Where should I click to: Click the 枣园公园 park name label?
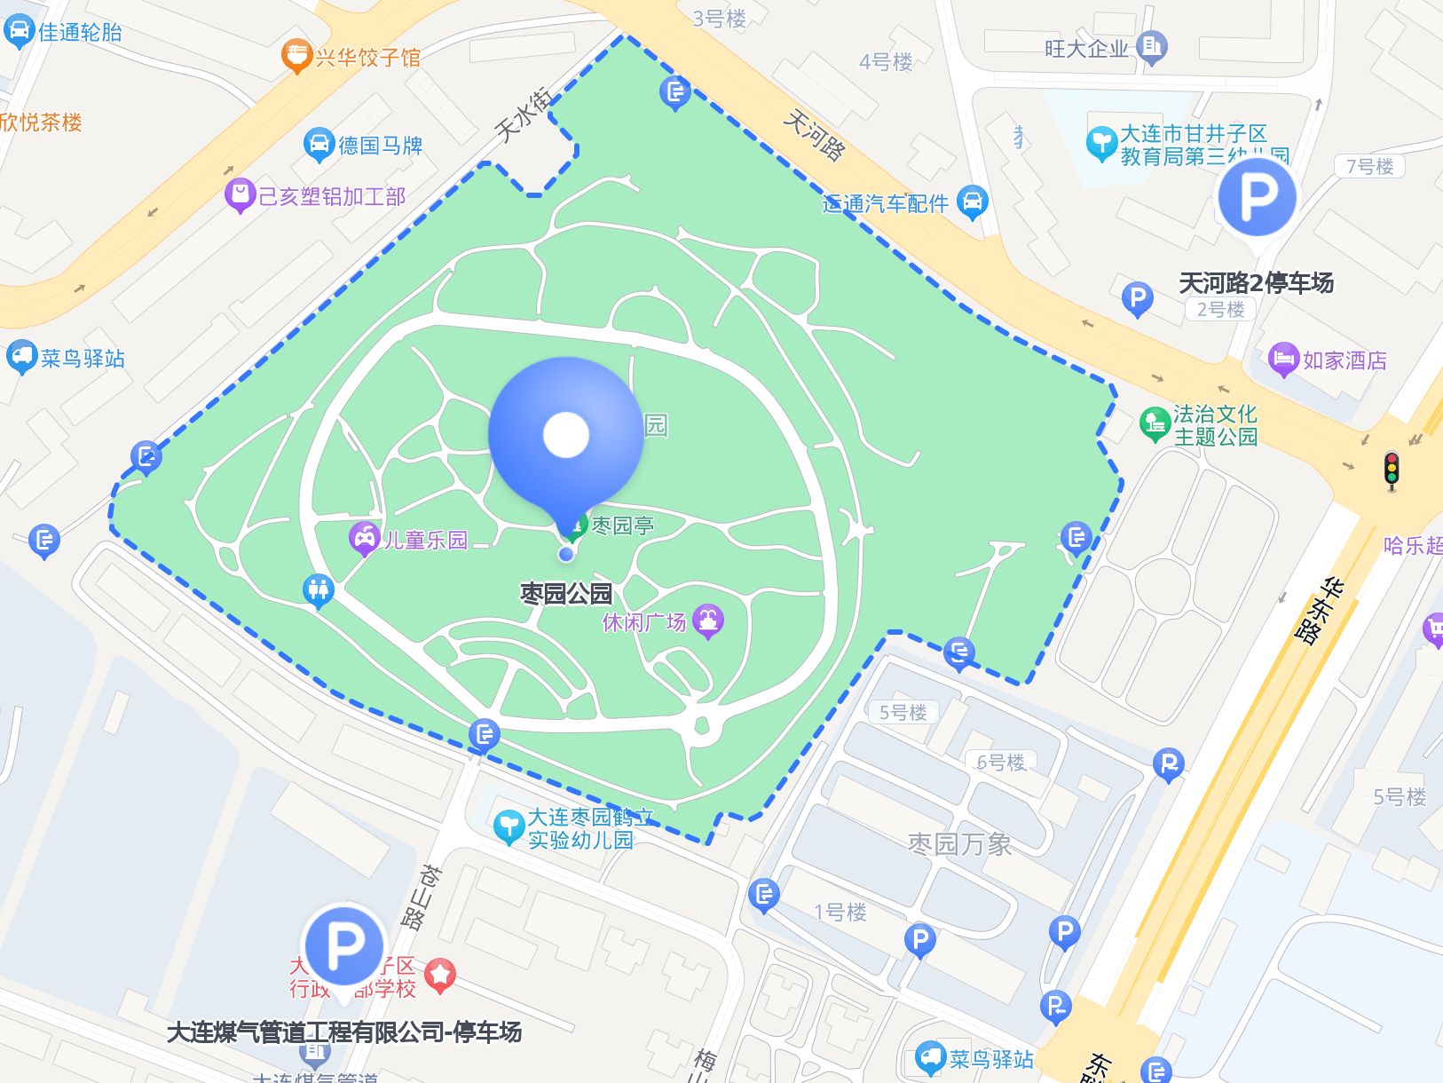pyautogui.click(x=566, y=593)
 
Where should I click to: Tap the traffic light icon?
pyautogui.click(x=1391, y=470)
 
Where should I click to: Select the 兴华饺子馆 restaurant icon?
pyautogui.click(x=296, y=56)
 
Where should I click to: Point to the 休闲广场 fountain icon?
pyautogui.click(x=708, y=621)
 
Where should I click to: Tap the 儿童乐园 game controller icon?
pyautogui.click(x=364, y=538)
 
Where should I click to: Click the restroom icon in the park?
pyautogui.click(x=318, y=589)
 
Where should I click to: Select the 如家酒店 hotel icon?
pyautogui.click(x=1283, y=360)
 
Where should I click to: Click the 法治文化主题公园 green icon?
pyautogui.click(x=1155, y=423)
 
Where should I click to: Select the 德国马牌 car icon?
pyautogui.click(x=319, y=144)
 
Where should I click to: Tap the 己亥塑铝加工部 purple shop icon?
pyautogui.click(x=240, y=194)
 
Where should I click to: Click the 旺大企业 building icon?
pyautogui.click(x=1152, y=46)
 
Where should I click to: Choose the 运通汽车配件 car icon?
pyautogui.click(x=974, y=202)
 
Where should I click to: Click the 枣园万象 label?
pyautogui.click(x=959, y=843)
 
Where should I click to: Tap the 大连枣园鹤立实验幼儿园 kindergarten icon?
pyautogui.click(x=509, y=826)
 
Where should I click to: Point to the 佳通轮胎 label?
pyautogui.click(x=80, y=32)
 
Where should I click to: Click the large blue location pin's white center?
pyautogui.click(x=566, y=435)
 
